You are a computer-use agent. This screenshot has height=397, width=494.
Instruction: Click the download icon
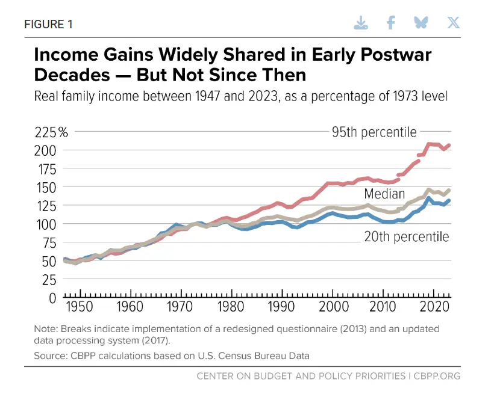click(x=360, y=23)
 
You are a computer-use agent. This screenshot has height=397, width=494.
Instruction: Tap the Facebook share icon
click(x=391, y=23)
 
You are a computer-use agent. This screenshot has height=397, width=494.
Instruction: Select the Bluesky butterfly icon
click(x=421, y=23)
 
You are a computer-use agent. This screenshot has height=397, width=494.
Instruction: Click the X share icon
click(x=453, y=23)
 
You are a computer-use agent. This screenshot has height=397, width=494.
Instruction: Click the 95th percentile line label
click(x=374, y=131)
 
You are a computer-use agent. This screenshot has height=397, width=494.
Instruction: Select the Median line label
click(x=384, y=194)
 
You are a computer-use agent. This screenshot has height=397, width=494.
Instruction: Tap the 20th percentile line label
click(x=407, y=236)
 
